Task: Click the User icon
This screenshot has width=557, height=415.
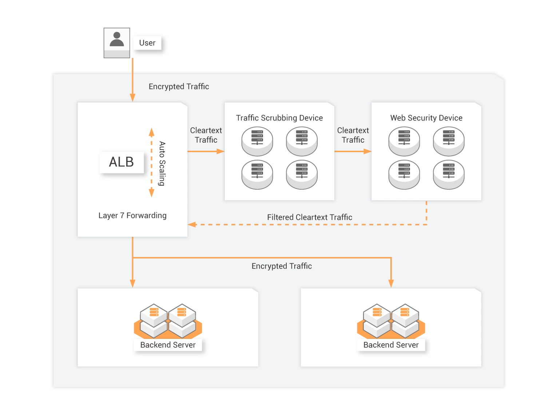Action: pos(117,43)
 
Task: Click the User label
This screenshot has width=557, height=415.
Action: pos(147,43)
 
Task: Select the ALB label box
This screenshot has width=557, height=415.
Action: pos(122,162)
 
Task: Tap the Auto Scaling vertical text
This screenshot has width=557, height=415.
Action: pos(162,163)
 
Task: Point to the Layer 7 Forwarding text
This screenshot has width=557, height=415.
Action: pos(132,216)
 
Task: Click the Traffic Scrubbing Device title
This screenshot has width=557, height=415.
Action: pos(279,118)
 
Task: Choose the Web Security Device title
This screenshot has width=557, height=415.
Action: pos(426,118)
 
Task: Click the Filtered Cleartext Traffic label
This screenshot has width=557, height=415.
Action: pos(309,217)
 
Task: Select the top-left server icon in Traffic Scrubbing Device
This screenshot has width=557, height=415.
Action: pos(257,141)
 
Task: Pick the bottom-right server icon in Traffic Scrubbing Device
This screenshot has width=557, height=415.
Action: pos(302,175)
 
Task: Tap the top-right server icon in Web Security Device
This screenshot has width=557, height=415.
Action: pos(449,141)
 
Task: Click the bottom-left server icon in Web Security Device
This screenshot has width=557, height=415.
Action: pos(404,175)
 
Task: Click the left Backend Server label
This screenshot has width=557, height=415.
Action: pos(168,345)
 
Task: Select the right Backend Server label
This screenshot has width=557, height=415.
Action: pos(391,345)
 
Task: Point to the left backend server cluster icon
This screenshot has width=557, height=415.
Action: pos(168,321)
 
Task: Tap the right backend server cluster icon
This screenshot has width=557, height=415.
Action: pos(391,321)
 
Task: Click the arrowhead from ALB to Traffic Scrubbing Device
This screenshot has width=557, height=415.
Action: pos(220,151)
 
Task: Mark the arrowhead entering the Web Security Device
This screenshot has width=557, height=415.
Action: pos(367,151)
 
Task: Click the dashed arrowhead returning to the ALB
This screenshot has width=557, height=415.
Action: pos(192,225)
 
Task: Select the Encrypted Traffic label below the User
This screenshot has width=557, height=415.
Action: pos(179,87)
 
